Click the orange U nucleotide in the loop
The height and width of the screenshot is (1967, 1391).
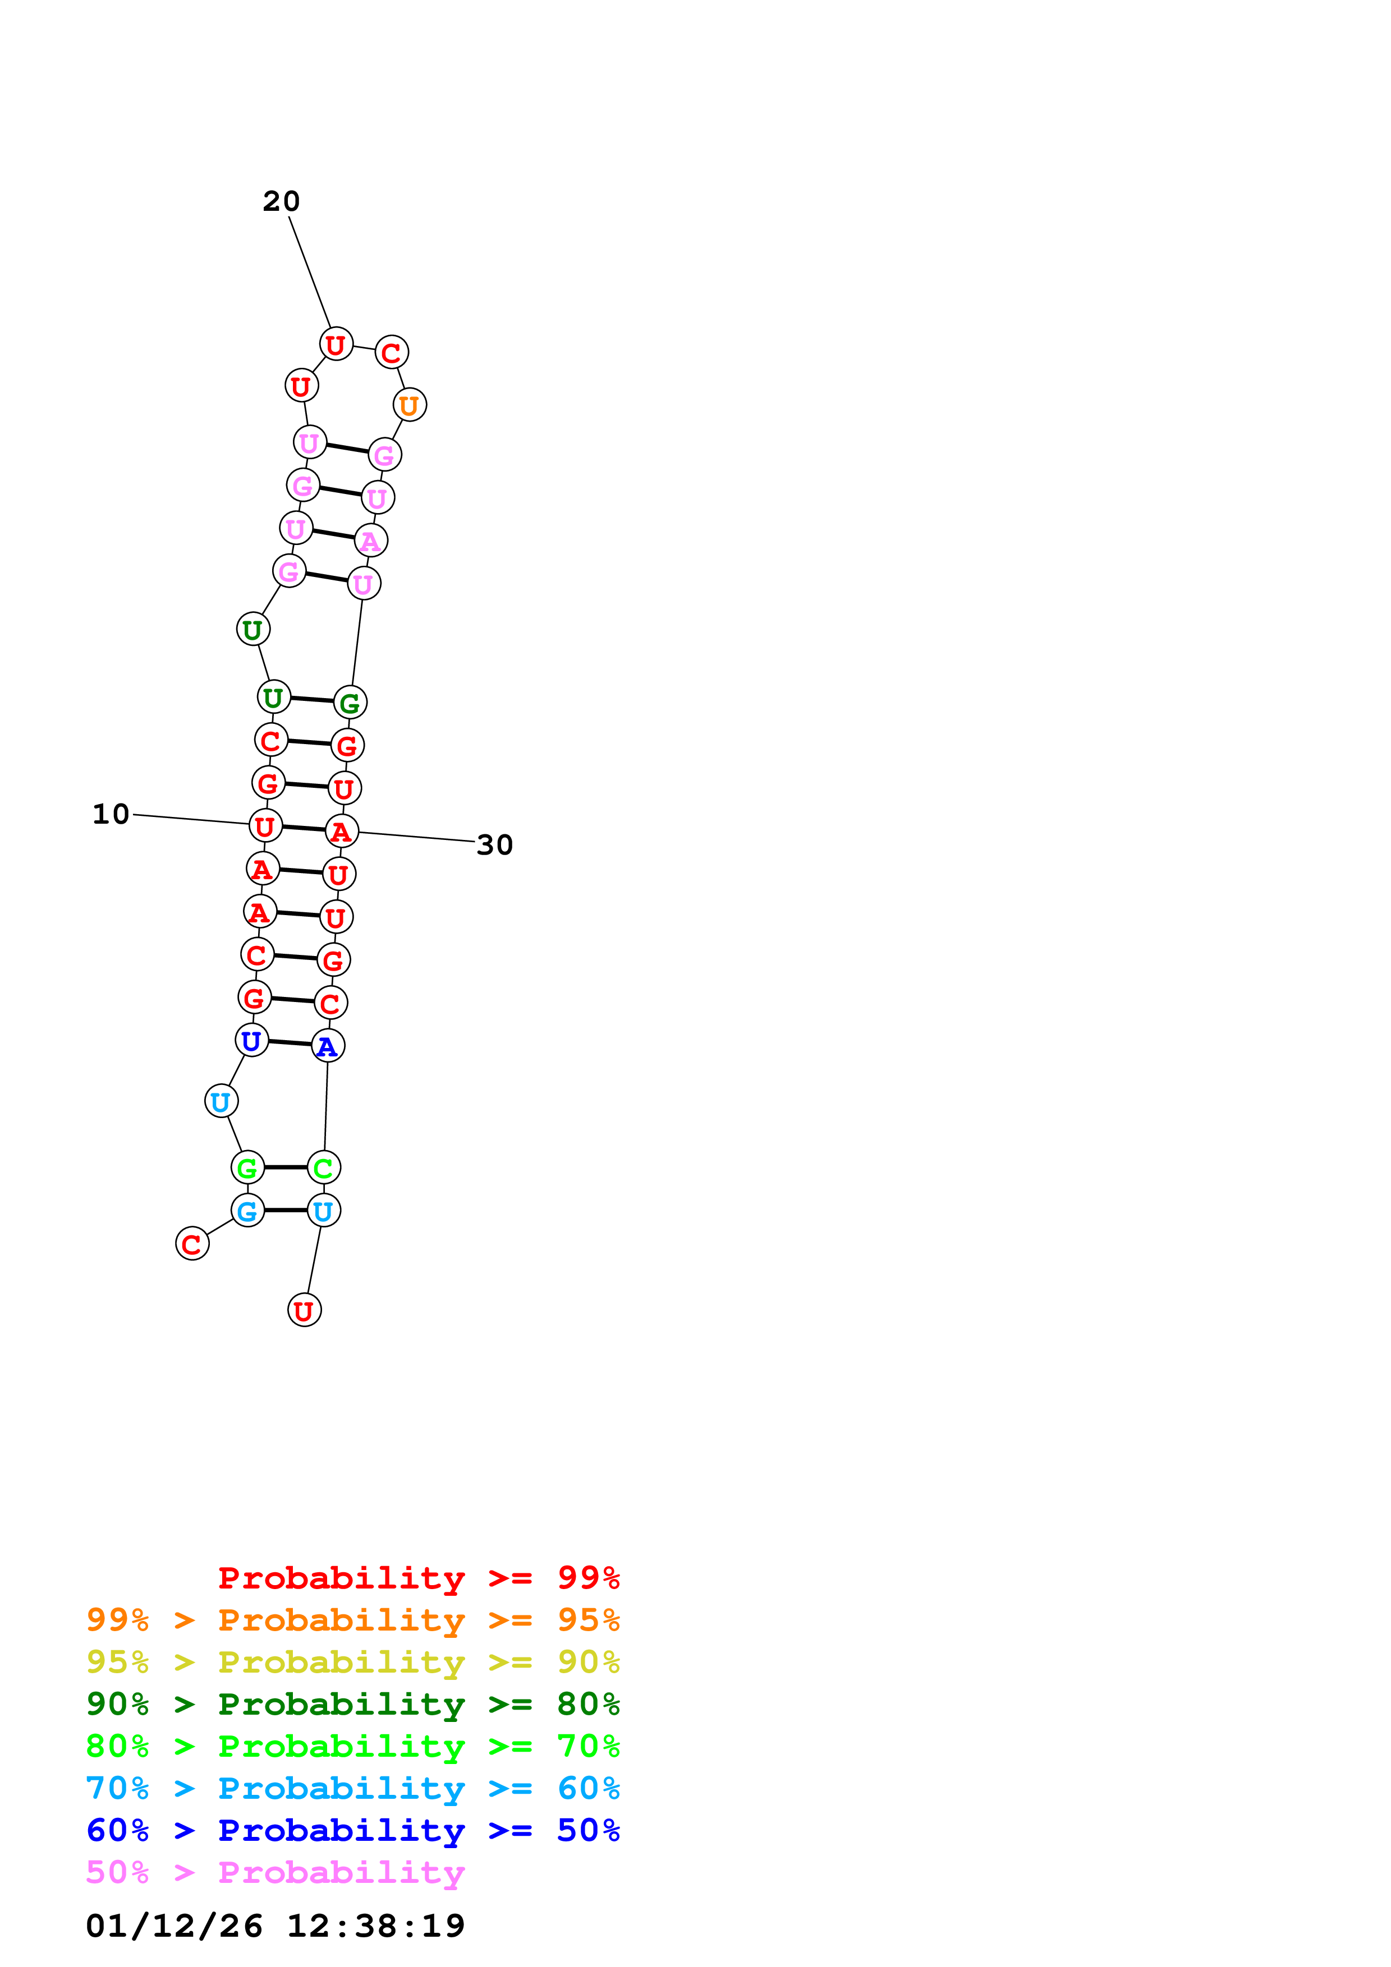[x=410, y=405]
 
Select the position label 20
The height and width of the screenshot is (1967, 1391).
[x=281, y=201]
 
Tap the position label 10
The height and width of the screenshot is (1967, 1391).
[x=111, y=814]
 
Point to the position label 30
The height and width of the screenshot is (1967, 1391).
[x=494, y=844]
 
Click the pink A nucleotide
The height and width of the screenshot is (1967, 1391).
[x=371, y=541]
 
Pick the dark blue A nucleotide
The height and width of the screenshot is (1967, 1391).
[x=327, y=1046]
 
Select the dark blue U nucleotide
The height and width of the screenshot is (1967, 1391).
[x=252, y=1041]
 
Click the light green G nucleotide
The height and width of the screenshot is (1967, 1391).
[x=247, y=1167]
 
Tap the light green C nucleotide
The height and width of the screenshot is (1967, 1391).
[x=324, y=1167]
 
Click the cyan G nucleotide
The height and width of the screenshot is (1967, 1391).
[x=247, y=1211]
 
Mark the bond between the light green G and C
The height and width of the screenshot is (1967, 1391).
[x=286, y=1167]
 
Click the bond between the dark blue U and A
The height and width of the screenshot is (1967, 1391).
[x=290, y=1043]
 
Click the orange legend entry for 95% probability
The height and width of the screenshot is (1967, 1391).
[x=353, y=1620]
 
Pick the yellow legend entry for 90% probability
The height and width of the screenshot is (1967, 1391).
[x=353, y=1662]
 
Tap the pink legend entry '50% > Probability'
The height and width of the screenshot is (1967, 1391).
[x=275, y=1872]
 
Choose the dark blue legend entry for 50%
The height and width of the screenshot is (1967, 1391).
[x=353, y=1830]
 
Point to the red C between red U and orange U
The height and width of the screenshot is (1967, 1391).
[x=392, y=352]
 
